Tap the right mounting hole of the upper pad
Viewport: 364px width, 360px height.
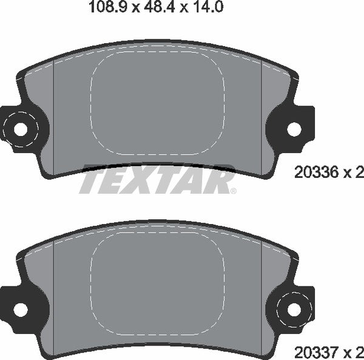pos(294,129)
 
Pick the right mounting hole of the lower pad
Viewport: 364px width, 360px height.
pos(294,309)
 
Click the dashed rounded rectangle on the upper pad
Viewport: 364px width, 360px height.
pos(157,103)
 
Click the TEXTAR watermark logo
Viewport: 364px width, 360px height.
pos(157,180)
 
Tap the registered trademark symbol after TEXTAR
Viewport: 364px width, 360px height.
pos(232,190)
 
